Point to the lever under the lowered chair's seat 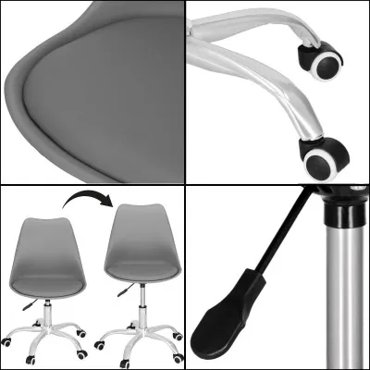29,302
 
